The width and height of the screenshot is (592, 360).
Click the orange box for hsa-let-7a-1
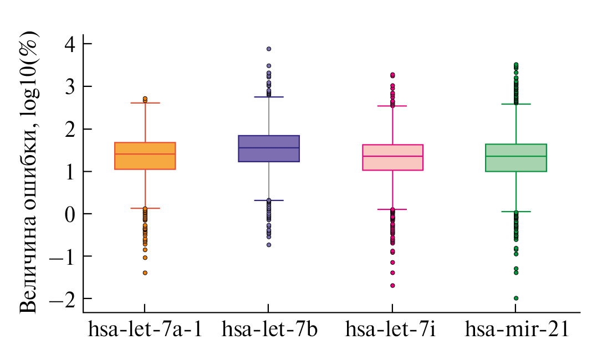(x=145, y=156)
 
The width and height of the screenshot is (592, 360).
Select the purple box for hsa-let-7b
(x=269, y=148)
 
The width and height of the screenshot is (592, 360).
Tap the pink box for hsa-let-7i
(x=392, y=157)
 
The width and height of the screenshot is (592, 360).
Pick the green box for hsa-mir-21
(x=516, y=158)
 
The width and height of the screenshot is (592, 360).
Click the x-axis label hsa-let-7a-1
(x=145, y=330)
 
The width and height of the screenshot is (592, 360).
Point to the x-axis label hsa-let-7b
(x=269, y=330)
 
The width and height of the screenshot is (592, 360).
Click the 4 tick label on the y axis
(x=71, y=44)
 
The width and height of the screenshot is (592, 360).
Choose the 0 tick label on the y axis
(x=71, y=214)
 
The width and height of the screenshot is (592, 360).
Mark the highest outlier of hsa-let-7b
(x=269, y=49)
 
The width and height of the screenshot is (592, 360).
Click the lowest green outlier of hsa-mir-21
(x=516, y=298)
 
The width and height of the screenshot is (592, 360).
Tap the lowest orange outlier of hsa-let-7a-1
(x=145, y=272)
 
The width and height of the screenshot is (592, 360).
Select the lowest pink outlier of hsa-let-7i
(x=392, y=286)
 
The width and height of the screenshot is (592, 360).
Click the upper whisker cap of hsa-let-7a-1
(x=145, y=103)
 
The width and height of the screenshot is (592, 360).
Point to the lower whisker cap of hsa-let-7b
(x=269, y=200)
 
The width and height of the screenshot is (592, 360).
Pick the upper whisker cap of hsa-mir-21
(x=516, y=104)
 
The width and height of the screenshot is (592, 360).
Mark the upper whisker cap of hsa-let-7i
(x=392, y=106)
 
